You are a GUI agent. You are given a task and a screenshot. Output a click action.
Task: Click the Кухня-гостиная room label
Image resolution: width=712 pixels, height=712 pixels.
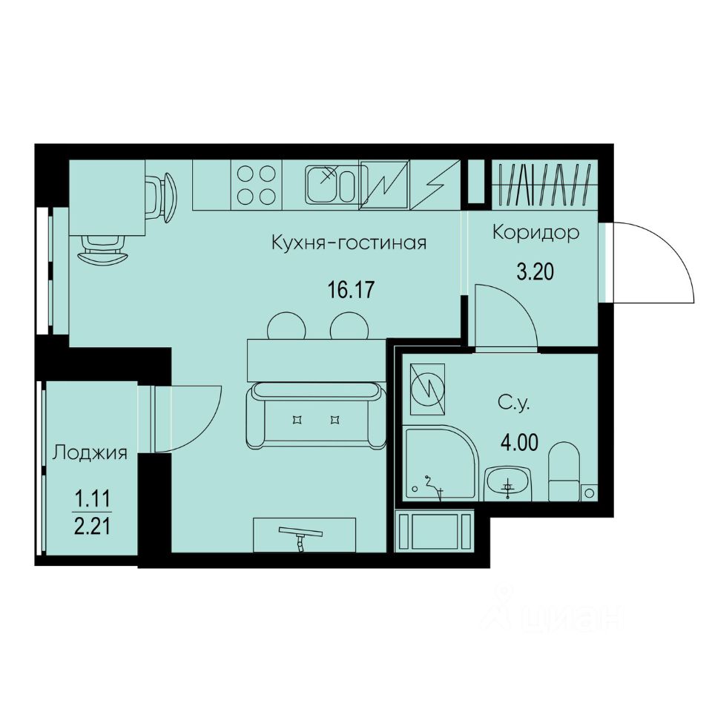point(349,243)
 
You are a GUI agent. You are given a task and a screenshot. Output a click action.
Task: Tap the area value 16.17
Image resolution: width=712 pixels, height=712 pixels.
point(349,289)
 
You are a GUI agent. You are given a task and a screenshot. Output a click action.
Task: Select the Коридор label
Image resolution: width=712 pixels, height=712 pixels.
point(535,234)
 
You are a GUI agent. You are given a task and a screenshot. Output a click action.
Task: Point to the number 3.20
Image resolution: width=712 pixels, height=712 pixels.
point(535,272)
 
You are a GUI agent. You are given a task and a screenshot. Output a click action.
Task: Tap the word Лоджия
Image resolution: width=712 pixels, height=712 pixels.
point(89,452)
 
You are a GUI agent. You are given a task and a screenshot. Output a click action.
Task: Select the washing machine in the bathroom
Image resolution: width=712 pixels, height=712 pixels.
point(426,389)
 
